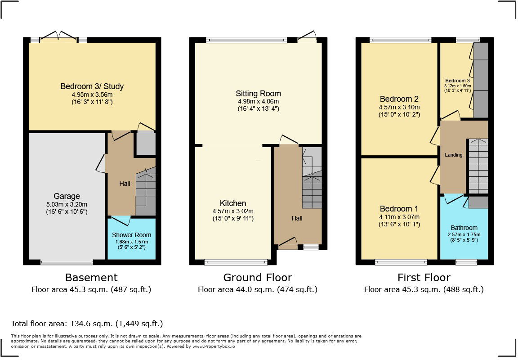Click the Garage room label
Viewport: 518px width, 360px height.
click(67, 196)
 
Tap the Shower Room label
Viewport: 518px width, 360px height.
click(131, 235)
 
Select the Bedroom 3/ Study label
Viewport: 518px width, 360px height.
click(92, 86)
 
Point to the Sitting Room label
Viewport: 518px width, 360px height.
click(258, 94)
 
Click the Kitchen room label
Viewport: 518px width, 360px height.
click(233, 203)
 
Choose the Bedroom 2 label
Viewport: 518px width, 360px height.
click(396, 99)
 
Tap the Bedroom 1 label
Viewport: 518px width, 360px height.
click(399, 209)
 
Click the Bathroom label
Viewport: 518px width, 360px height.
click(464, 228)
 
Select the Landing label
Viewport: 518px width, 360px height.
click(453, 155)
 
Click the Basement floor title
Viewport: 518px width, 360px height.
click(91, 278)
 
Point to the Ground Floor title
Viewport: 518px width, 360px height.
click(258, 278)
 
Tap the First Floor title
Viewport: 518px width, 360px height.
click(424, 278)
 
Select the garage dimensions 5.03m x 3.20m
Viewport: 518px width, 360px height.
click(67, 204)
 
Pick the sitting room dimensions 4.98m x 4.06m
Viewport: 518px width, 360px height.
click(258, 102)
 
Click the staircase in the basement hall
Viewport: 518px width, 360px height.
click(145, 191)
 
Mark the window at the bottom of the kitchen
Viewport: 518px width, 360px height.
click(236, 261)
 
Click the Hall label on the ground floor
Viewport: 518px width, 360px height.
click(297, 218)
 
